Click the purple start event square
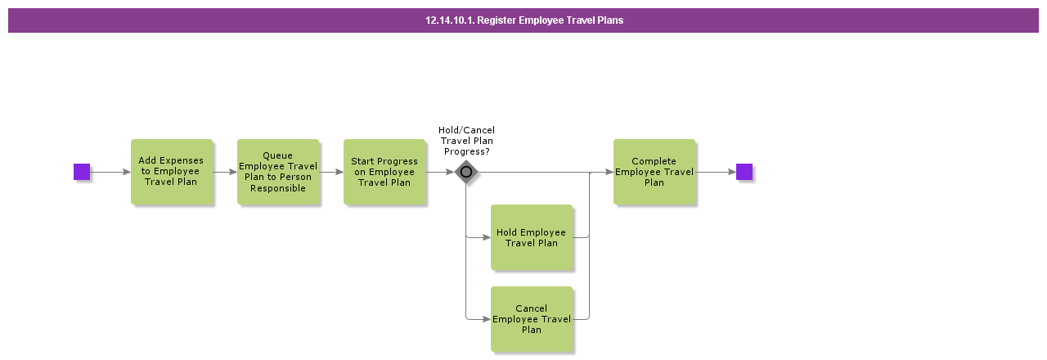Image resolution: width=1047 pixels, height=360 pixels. (82, 172)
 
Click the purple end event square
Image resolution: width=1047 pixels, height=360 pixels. (744, 172)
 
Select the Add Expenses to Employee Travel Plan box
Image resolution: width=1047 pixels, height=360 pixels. (171, 172)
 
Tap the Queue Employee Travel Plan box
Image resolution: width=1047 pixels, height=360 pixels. (277, 172)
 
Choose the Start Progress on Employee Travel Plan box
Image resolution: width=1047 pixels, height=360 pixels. (384, 172)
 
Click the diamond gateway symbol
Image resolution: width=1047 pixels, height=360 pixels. (466, 172)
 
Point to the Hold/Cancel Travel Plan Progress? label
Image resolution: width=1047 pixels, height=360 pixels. (466, 141)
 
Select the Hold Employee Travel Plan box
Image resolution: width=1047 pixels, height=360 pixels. (531, 237)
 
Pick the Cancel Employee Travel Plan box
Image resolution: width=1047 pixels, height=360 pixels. (531, 319)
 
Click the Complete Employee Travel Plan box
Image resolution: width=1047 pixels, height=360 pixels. (654, 172)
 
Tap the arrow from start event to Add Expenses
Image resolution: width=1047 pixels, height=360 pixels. (110, 172)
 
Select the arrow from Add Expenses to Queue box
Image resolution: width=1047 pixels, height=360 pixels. (225, 172)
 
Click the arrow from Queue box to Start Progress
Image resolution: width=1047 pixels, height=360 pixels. (331, 172)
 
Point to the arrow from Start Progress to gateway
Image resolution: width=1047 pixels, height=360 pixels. (439, 172)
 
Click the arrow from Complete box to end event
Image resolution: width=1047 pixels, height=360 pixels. (716, 172)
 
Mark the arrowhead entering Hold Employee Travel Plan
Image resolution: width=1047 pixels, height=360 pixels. (486, 237)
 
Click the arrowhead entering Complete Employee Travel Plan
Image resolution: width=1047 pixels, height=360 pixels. (609, 172)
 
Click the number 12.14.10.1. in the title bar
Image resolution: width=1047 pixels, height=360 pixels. (449, 20)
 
